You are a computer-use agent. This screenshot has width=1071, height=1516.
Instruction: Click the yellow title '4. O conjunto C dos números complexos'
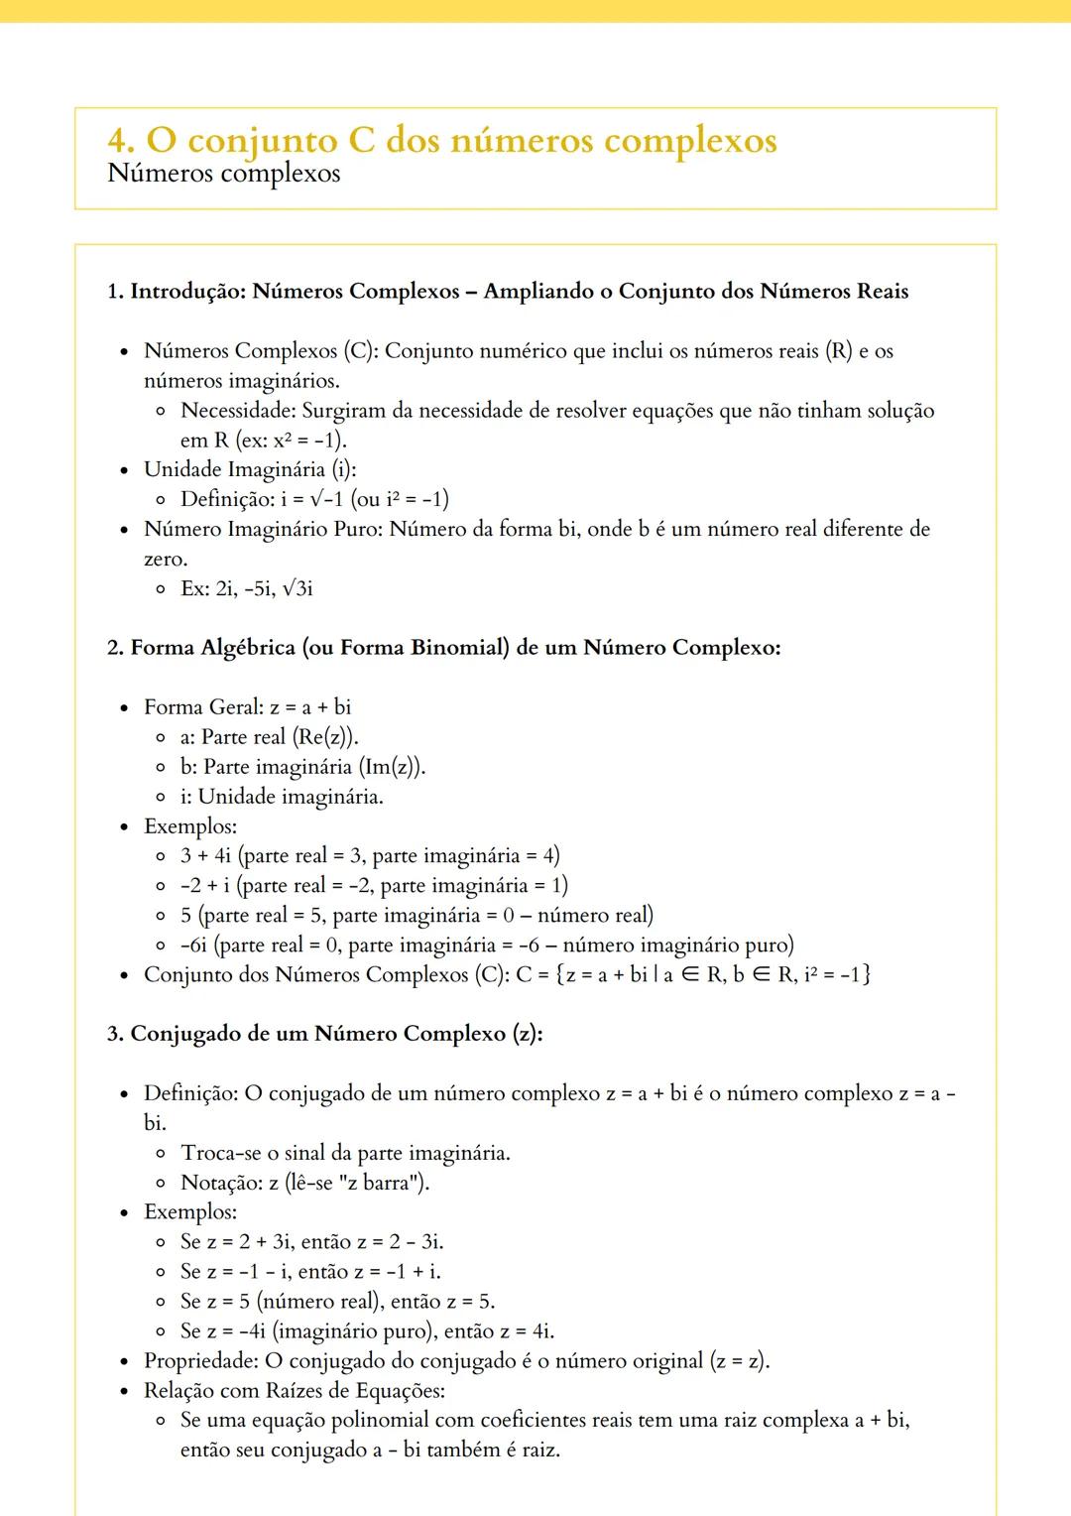pyautogui.click(x=442, y=140)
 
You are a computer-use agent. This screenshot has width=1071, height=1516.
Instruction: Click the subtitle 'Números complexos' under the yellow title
pyautogui.click(x=223, y=174)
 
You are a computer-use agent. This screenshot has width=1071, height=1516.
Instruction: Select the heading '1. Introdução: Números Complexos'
pyautogui.click(x=283, y=292)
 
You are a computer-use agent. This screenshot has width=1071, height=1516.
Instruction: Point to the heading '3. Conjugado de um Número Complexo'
pyautogui.click(x=324, y=1034)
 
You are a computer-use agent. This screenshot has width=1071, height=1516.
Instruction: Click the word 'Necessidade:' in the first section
pyautogui.click(x=238, y=411)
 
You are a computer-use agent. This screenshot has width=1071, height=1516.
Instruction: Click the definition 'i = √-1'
pyautogui.click(x=311, y=499)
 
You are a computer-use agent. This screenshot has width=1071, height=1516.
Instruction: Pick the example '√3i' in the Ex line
pyautogui.click(x=297, y=588)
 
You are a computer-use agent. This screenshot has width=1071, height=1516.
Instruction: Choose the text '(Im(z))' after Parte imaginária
pyautogui.click(x=392, y=767)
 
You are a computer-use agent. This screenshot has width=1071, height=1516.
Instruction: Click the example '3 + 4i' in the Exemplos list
pyautogui.click(x=205, y=856)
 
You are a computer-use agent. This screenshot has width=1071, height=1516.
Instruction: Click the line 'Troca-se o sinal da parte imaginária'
pyautogui.click(x=345, y=1153)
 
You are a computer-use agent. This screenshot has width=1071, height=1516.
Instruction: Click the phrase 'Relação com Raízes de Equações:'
pyautogui.click(x=295, y=1391)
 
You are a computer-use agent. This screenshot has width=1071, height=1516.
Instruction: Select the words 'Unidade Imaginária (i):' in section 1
pyautogui.click(x=250, y=469)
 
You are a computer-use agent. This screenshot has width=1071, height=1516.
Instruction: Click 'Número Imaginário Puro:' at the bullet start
pyautogui.click(x=263, y=529)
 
